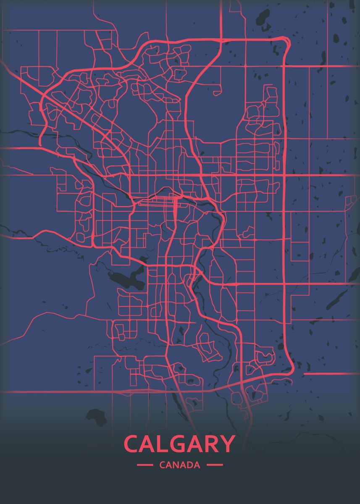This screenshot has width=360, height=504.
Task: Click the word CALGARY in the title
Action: click(x=179, y=444)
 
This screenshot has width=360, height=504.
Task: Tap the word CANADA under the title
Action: click(x=180, y=465)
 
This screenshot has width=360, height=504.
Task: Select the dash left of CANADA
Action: click(x=145, y=465)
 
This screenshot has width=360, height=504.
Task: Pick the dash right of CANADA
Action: click(x=215, y=465)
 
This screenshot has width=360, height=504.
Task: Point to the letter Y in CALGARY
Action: click(x=226, y=444)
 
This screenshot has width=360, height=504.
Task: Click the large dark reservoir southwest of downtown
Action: click(x=126, y=279)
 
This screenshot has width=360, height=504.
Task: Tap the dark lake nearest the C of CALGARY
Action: click(x=96, y=416)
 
